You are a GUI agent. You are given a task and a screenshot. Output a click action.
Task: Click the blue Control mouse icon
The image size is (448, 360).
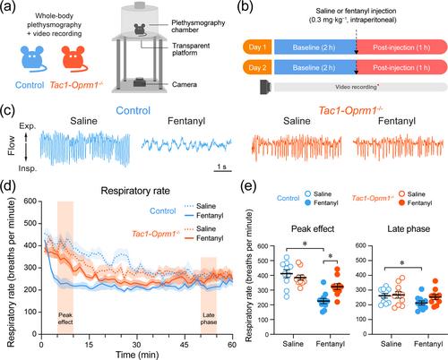tap(32, 59)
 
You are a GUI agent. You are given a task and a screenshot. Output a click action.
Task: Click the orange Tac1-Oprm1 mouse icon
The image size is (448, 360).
tap(73, 59)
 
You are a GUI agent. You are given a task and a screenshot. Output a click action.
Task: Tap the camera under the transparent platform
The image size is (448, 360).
tap(139, 82)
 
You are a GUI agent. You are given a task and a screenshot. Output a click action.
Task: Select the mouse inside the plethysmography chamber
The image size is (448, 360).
tap(140, 30)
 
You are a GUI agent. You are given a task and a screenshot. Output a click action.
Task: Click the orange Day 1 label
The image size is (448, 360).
tap(257, 47)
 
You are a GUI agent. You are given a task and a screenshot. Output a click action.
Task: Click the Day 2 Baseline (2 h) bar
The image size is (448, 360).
tap(315, 67)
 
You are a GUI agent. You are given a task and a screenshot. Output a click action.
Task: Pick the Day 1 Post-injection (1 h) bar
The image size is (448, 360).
tap(402, 47)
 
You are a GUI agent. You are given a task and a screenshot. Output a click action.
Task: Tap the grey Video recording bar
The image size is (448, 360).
tap(360, 87)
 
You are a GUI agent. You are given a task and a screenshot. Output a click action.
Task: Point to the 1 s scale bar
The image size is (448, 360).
tap(222, 171)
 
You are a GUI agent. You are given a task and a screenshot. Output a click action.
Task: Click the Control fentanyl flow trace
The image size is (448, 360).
tap(186, 144)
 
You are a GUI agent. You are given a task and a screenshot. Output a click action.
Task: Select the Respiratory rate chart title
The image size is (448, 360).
tap(135, 191)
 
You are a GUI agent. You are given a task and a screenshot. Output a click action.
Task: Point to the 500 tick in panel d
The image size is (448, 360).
tap(30, 223)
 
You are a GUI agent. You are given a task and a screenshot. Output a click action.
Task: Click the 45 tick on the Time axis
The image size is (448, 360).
tap(185, 345)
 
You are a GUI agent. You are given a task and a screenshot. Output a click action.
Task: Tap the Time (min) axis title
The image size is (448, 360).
tap(137, 355)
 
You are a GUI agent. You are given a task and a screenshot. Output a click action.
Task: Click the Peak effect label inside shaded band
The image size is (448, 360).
tap(65, 319)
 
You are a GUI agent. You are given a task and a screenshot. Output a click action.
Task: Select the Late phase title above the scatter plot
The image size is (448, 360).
tap(409, 229)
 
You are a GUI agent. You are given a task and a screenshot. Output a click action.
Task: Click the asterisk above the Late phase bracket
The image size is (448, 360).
tap(402, 263)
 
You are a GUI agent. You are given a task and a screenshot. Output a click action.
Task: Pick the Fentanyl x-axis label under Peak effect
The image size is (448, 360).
tap(330, 344)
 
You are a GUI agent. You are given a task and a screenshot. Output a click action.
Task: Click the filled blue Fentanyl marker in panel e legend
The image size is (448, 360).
tap(307, 202)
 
